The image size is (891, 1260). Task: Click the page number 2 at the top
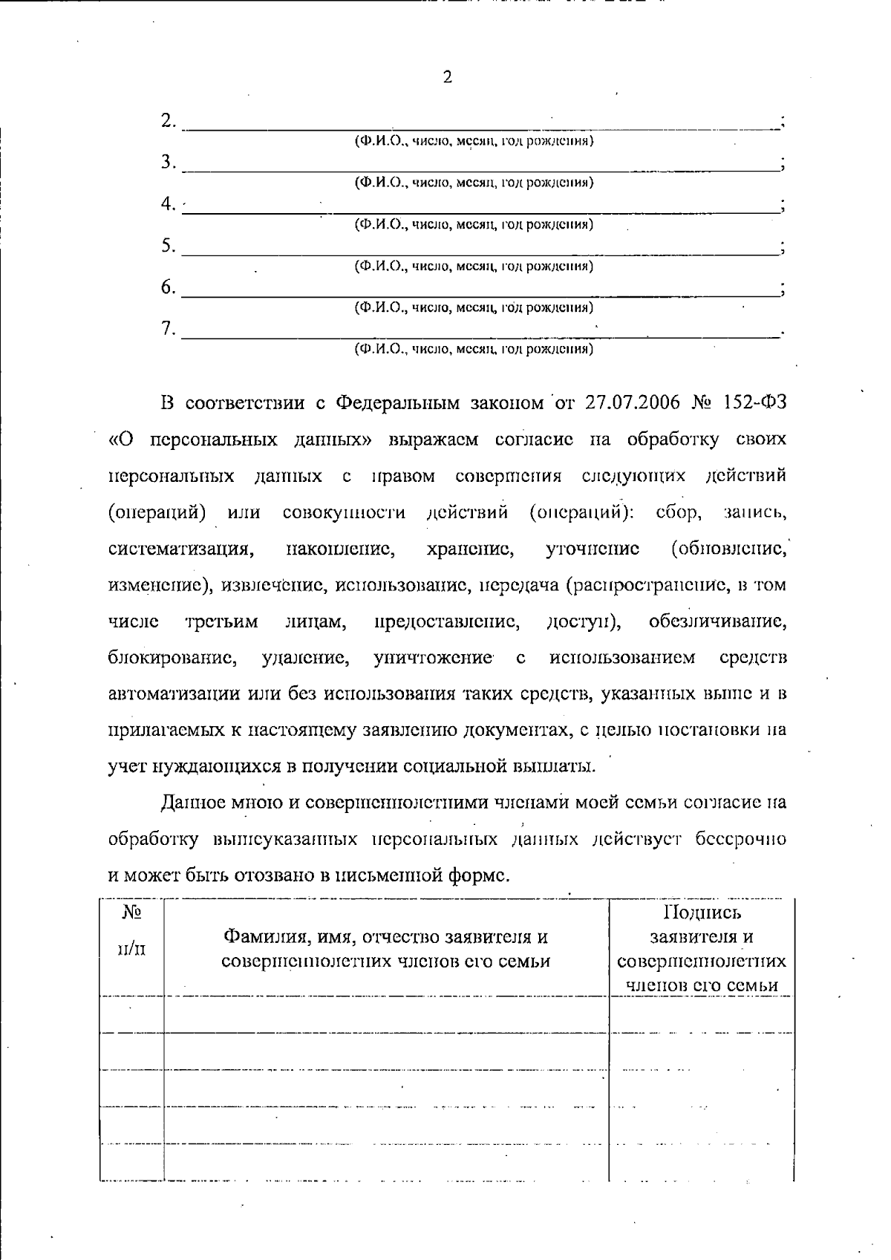click(447, 77)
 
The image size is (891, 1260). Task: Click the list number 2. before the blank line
click(169, 120)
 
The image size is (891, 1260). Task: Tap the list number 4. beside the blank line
click(169, 203)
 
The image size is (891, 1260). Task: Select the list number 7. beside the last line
click(169, 328)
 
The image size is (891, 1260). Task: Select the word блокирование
click(172, 659)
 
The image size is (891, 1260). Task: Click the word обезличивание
click(717, 622)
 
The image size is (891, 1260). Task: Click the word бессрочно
click(741, 839)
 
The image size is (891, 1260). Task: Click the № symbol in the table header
click(131, 912)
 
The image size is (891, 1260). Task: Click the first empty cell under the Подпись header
click(701, 1014)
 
